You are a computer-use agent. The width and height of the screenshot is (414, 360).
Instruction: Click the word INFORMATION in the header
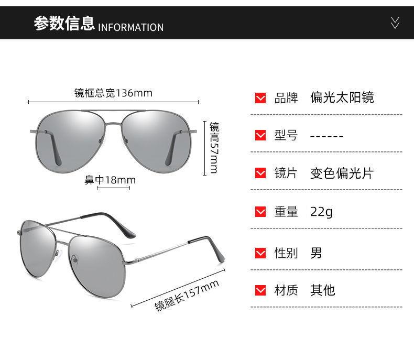pos(131,27)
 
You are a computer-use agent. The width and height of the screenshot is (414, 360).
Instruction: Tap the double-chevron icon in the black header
pos(395,23)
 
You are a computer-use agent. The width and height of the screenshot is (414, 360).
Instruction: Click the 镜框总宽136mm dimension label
pos(113,93)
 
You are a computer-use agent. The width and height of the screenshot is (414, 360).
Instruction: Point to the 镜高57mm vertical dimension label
pos(214,148)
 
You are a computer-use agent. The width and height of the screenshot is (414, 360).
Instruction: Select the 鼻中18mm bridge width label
pos(110,180)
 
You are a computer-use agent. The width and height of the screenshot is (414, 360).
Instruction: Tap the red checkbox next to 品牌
pos(260,98)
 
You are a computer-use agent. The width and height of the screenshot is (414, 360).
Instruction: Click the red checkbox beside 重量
pos(260,212)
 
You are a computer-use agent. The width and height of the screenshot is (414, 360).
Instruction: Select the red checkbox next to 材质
pos(260,290)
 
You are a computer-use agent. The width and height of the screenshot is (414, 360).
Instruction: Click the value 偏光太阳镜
pos(342,97)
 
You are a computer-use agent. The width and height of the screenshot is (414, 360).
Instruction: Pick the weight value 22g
pos(321,212)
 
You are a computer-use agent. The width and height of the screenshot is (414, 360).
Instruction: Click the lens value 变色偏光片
pos(341,173)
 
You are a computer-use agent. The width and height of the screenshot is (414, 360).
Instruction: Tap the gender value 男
pos(316,253)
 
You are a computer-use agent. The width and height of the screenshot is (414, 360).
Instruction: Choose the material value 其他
pos(322,290)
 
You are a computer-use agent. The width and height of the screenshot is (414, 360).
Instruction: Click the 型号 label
pos(286,135)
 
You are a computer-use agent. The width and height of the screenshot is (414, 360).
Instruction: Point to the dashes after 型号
pos(326,136)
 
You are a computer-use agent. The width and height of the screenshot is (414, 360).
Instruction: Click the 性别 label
pos(286,253)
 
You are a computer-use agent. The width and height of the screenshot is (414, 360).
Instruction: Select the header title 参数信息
pos(64,24)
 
